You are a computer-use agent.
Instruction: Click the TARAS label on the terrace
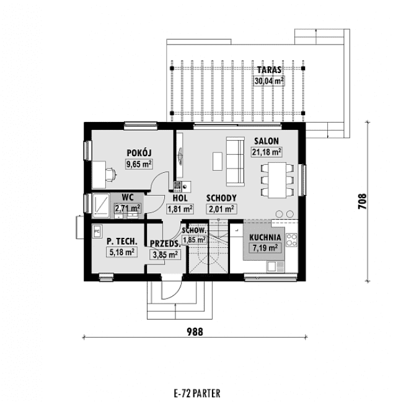[269, 70]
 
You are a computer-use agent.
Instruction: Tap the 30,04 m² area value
[269, 81]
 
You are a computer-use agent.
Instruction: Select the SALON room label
[267, 141]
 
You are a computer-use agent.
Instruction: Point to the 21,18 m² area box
[267, 152]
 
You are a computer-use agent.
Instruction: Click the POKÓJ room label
[139, 153]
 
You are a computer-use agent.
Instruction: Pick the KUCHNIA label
[265, 237]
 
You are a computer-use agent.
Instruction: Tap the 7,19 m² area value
[265, 248]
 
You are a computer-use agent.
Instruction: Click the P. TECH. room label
[122, 241]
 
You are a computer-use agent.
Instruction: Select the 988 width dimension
[195, 332]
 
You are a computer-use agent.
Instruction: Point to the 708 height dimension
[362, 201]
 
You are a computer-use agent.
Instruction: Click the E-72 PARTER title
[196, 393]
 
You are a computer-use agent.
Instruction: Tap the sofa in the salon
[235, 162]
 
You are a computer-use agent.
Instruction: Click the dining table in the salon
[277, 180]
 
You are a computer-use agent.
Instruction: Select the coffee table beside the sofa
[218, 161]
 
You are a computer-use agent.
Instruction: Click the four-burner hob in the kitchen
[291, 240]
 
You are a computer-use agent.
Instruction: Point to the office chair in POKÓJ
[111, 175]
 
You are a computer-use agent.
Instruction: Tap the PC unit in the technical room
[97, 231]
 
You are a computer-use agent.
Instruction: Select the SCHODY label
[221, 198]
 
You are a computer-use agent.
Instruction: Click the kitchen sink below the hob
[275, 266]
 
